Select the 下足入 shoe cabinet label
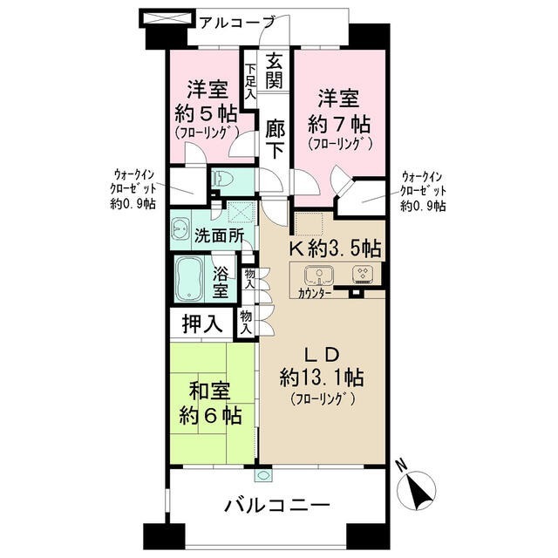(x=250, y=84)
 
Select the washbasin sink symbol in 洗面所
(x=181, y=229)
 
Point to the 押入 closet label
(x=201, y=324)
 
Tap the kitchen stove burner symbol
(x=362, y=275)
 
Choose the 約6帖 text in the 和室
(x=212, y=414)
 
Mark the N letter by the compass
(x=398, y=466)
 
